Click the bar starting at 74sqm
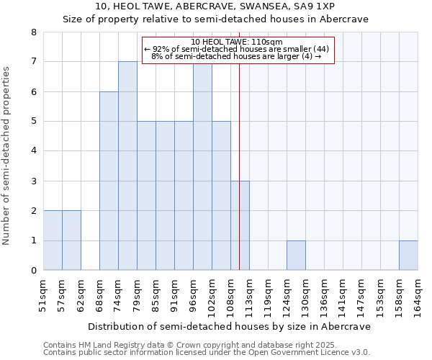[127, 166]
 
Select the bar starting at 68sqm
[109, 181]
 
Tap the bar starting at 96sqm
[202, 166]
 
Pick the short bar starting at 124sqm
[296, 256]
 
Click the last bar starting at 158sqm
[408, 256]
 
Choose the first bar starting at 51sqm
[53, 240]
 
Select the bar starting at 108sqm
[240, 225]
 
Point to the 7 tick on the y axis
[33, 62]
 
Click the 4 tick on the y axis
[33, 151]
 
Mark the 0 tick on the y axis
[33, 271]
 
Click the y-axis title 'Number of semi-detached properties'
[7, 156]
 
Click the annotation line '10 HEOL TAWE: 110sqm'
[238, 42]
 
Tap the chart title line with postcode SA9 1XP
[215, 6]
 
